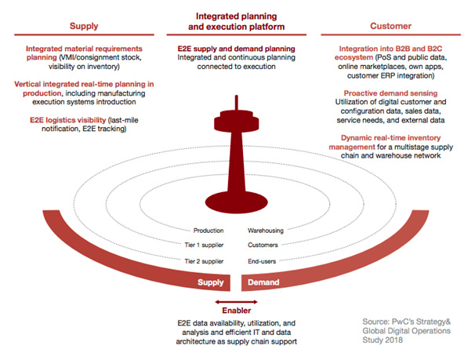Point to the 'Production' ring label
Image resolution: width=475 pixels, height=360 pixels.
(208, 231)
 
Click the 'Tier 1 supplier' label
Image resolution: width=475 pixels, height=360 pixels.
(202, 245)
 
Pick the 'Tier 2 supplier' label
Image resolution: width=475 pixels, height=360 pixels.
(202, 260)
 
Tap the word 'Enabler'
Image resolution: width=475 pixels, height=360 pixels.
(237, 311)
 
